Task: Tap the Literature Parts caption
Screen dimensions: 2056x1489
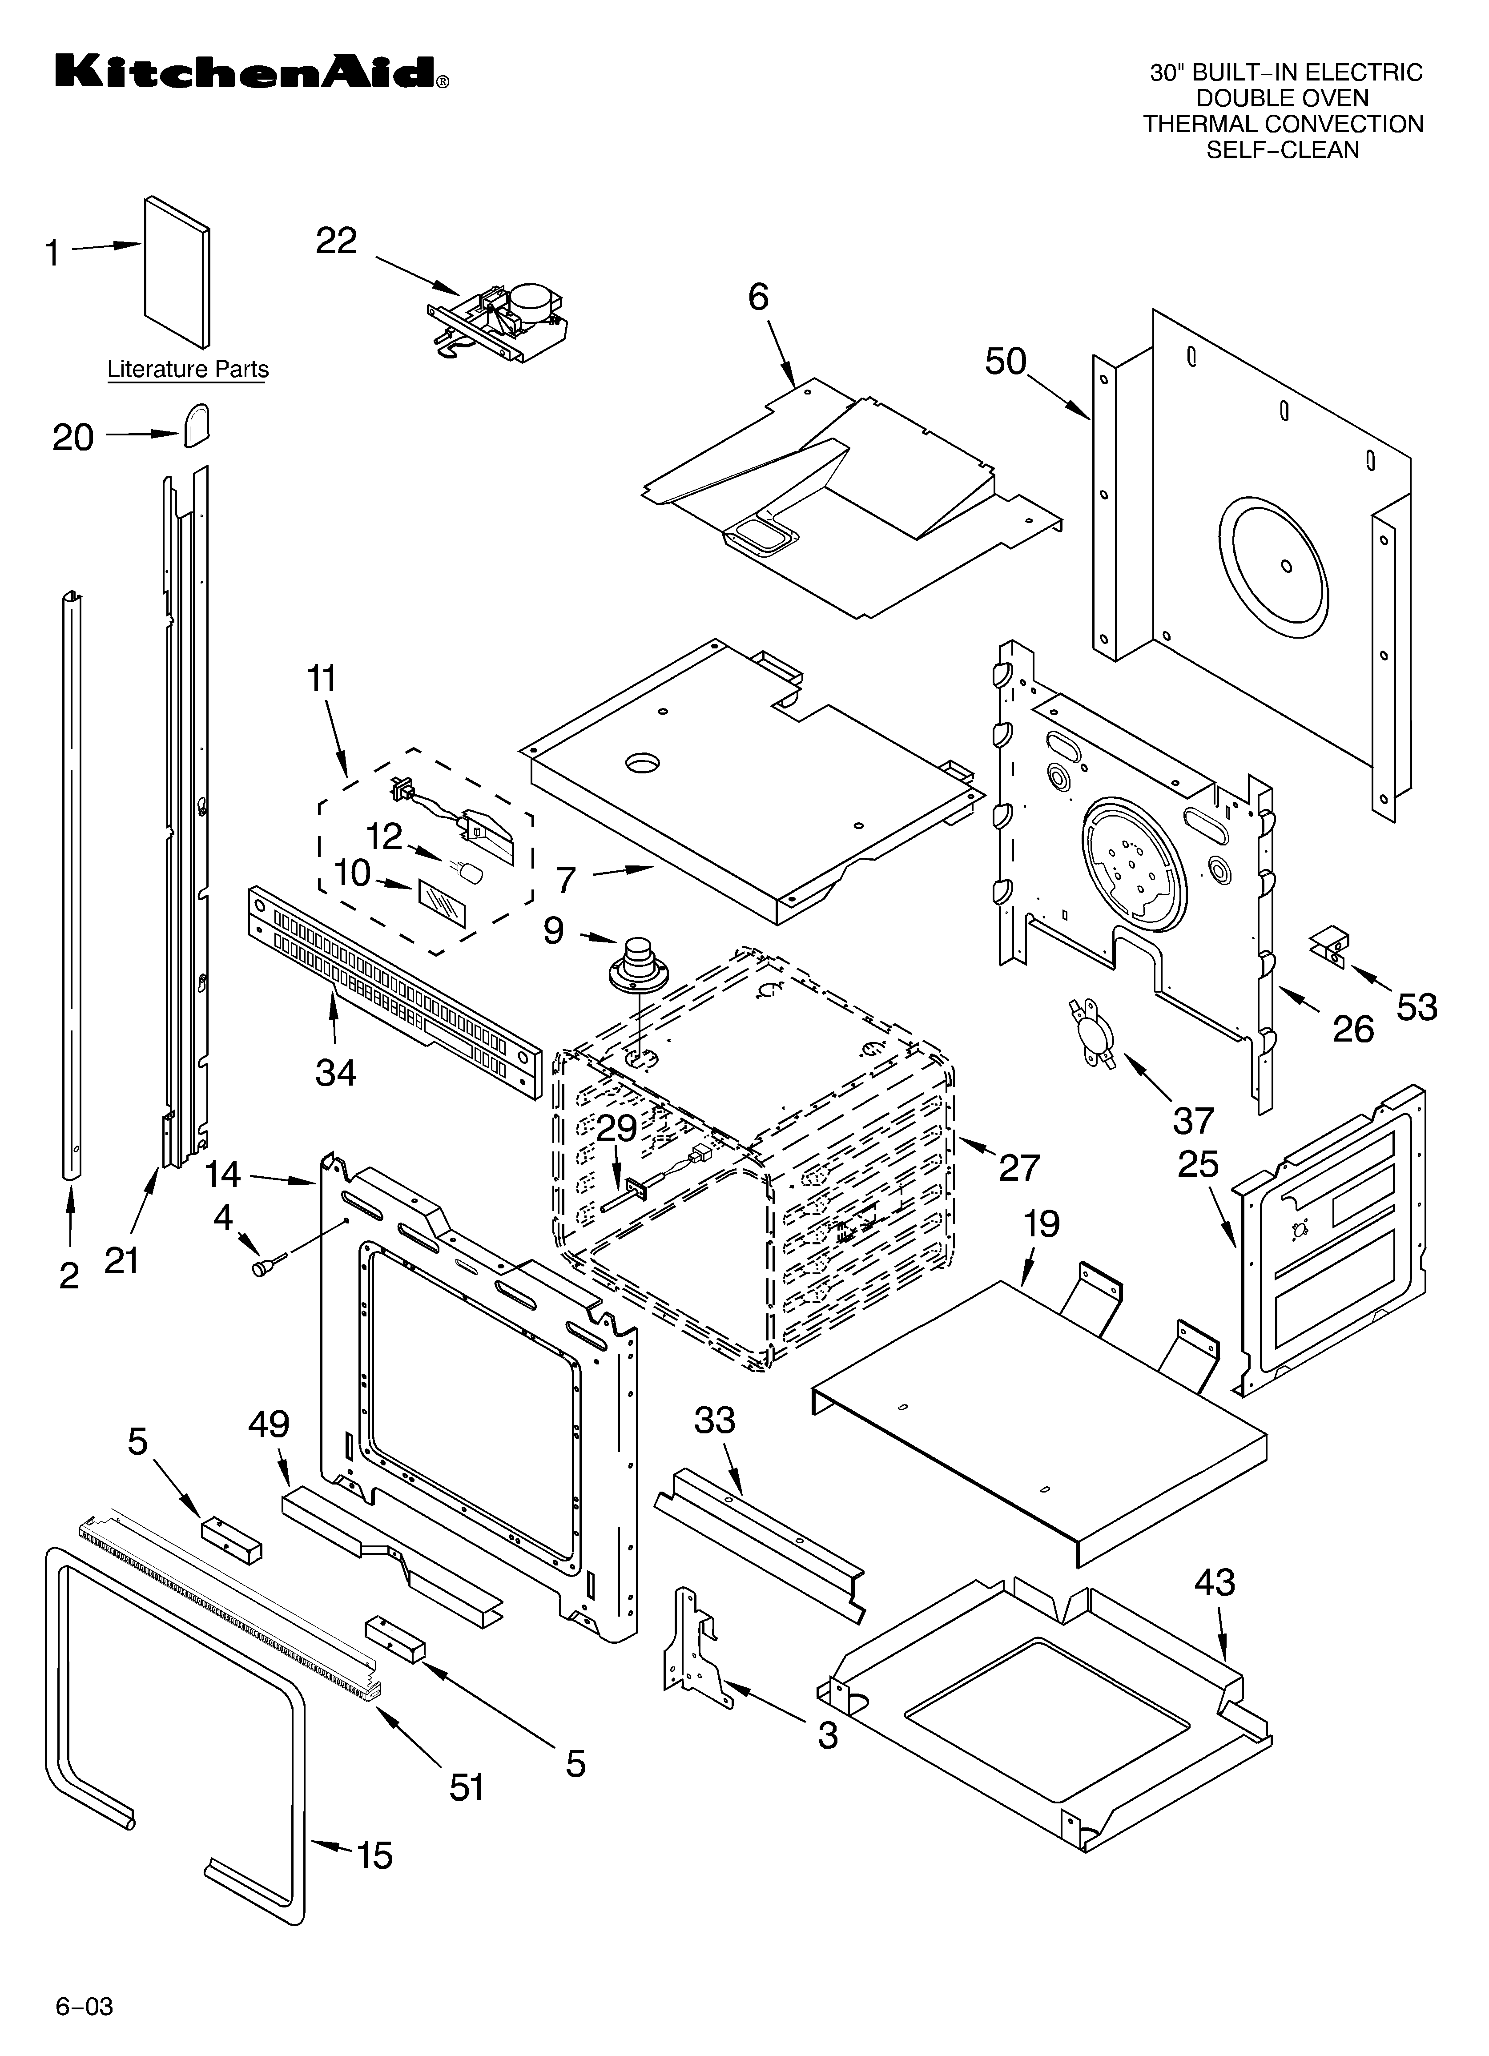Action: tap(188, 370)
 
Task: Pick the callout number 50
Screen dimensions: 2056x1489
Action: tap(1006, 362)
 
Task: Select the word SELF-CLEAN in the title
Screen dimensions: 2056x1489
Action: tap(1282, 149)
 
